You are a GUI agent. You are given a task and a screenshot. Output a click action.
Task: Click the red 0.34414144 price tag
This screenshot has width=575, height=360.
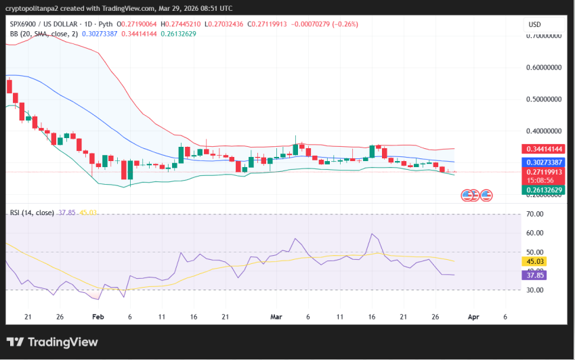[x=545, y=149]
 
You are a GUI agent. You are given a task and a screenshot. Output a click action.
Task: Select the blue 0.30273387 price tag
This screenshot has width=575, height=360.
[x=545, y=162]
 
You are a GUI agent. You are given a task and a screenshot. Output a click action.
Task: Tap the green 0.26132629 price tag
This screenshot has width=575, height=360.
[x=545, y=189]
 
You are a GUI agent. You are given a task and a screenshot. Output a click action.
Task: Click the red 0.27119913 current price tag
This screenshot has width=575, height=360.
[x=545, y=172]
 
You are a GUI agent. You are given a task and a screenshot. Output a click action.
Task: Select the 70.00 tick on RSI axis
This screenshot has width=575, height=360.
[x=536, y=214]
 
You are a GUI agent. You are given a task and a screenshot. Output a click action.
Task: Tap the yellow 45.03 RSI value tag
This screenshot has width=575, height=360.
[x=536, y=261]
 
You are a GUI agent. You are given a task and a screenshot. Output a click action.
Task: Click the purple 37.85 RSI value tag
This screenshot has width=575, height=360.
[x=536, y=275]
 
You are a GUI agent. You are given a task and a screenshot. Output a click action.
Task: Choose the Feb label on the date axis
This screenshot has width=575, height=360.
[x=98, y=317]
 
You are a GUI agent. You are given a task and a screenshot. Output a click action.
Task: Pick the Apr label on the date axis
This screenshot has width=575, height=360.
[x=474, y=317]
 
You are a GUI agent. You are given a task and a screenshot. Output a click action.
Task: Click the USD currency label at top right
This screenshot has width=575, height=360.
[x=534, y=25]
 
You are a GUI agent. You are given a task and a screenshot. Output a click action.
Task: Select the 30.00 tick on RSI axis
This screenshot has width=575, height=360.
[x=536, y=290]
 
